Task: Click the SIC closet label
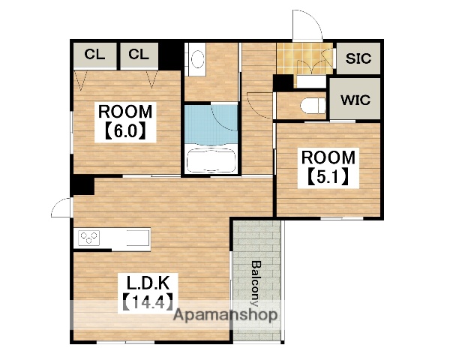358,58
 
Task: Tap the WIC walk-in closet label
355,100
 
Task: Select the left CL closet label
94,54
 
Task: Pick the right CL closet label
139,54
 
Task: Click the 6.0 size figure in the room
125,132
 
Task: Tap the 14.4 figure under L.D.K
148,301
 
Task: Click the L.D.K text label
148,283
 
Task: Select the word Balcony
256,283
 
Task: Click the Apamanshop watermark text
226,315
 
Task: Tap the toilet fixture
313,105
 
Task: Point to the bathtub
211,160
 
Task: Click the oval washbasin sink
198,58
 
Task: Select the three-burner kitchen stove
89,238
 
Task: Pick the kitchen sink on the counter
138,238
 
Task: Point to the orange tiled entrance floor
304,58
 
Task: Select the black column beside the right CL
170,56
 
